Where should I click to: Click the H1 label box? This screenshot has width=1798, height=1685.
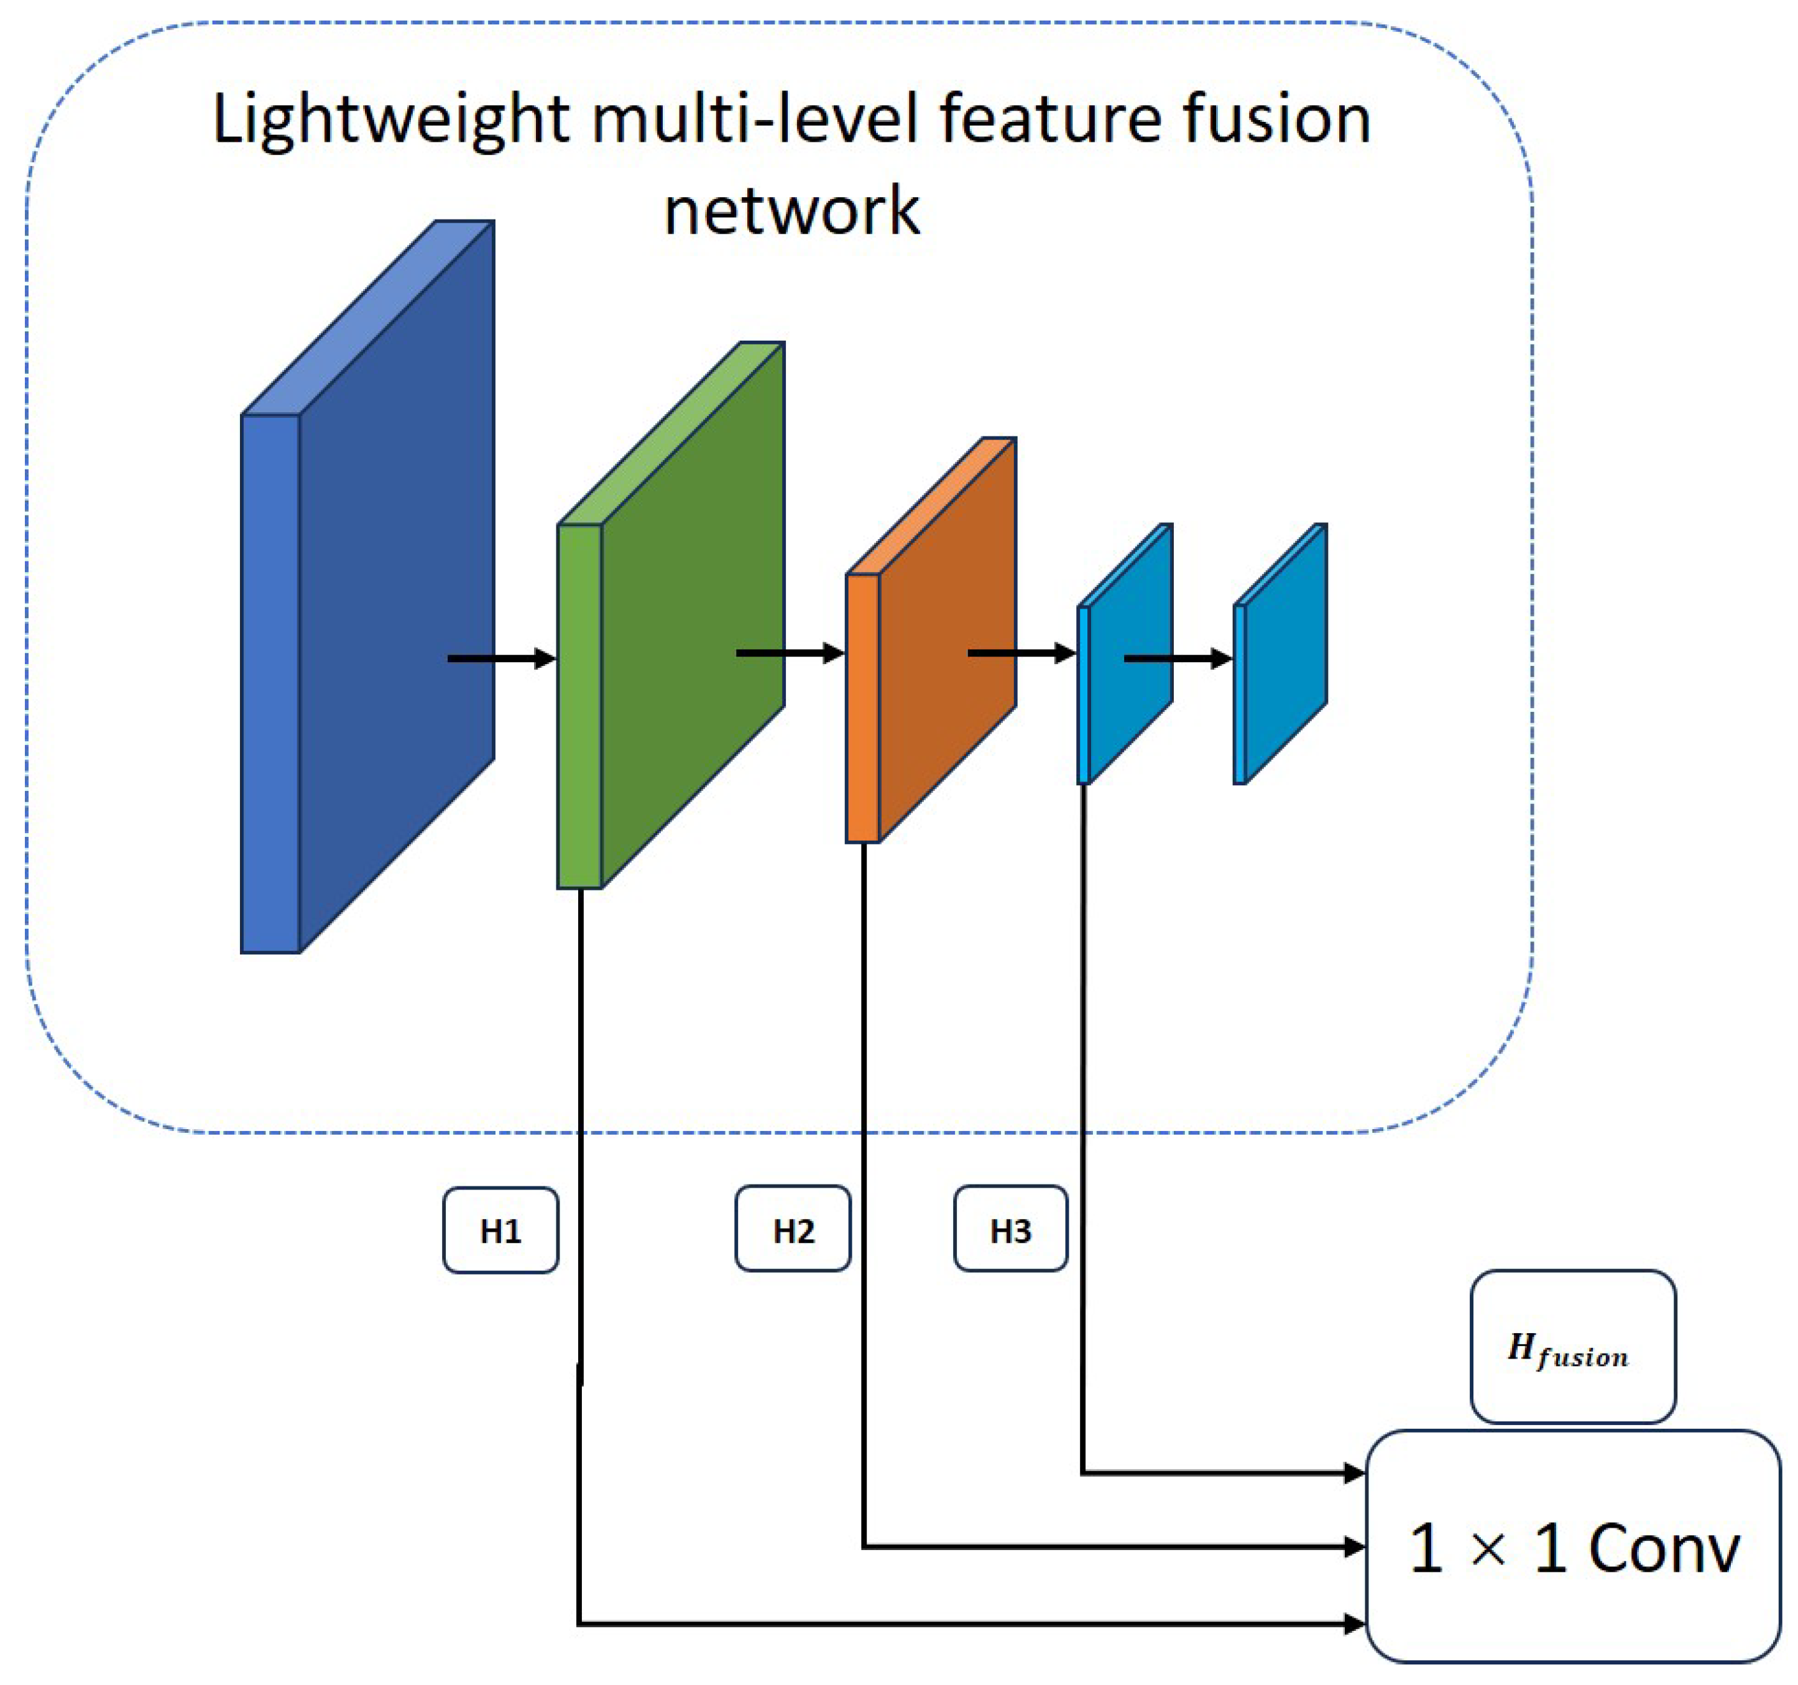500,1230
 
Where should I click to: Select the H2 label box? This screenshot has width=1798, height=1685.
793,1229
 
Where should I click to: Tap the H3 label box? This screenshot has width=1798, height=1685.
1010,1229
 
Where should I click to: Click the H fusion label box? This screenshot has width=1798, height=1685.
1573,1347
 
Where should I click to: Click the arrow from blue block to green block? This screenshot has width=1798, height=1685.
502,658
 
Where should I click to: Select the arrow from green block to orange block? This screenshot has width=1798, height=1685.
790,653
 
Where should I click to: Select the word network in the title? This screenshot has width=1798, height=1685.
791,211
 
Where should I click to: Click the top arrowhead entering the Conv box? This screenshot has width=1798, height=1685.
1355,1474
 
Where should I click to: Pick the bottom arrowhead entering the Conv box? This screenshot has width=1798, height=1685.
1355,1625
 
